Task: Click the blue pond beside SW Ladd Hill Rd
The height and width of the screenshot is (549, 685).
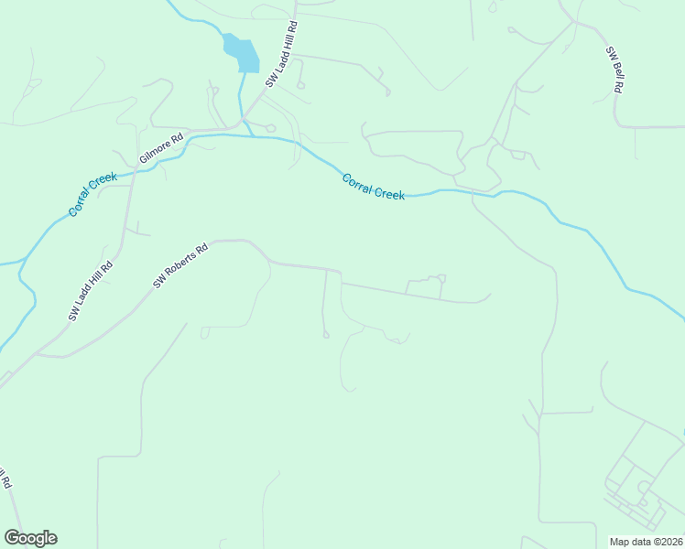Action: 241,53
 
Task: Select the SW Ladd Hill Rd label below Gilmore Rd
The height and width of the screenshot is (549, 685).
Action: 90,291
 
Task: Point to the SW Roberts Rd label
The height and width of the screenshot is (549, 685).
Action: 180,265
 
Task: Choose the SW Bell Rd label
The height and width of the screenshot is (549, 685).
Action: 614,70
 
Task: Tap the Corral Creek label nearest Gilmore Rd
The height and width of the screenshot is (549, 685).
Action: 93,194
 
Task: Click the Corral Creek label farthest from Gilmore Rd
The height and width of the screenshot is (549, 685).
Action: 373,187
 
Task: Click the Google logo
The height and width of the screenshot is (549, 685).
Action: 30,538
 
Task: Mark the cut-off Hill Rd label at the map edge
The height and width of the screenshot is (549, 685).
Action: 5,479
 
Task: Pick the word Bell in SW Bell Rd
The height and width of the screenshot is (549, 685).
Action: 614,71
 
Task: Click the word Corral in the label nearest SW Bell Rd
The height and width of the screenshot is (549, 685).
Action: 358,181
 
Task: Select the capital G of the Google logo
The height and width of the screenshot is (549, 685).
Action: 12,538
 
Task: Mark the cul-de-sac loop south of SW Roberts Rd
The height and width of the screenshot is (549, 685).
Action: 326,335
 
